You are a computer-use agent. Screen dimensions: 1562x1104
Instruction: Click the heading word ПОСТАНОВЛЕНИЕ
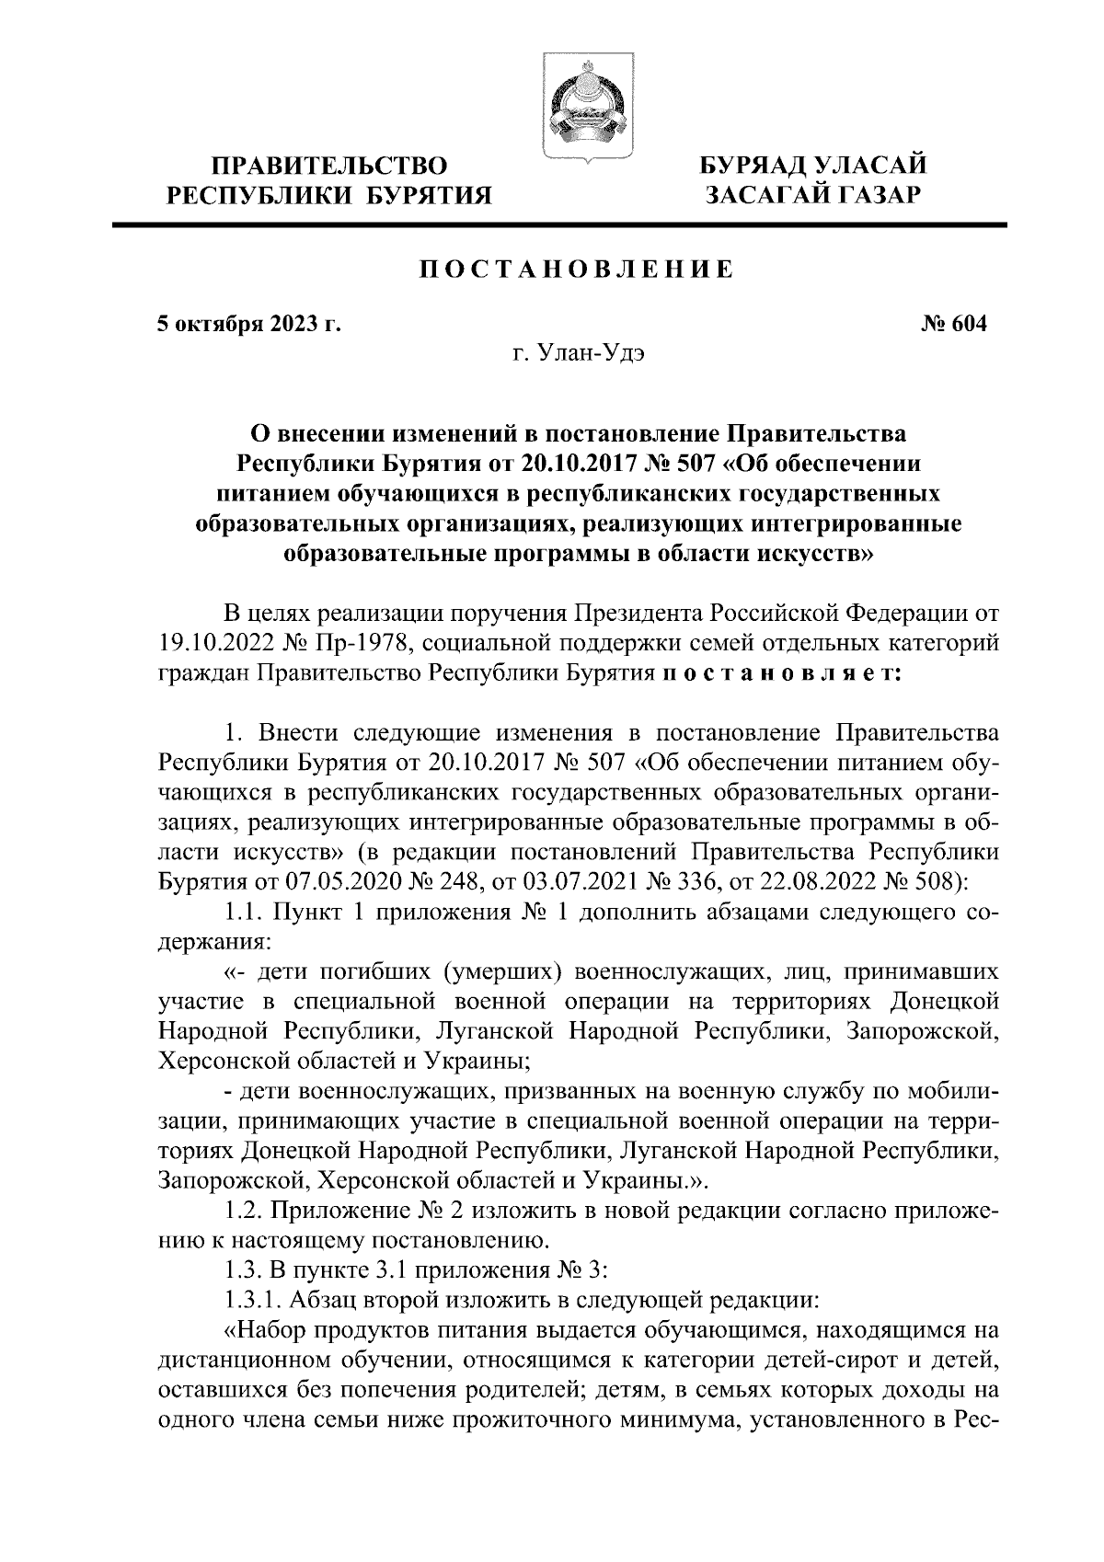577,270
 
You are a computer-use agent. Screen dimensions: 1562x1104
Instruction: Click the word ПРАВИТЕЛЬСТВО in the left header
330,167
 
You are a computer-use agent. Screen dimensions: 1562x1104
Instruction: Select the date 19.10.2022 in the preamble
220,641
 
